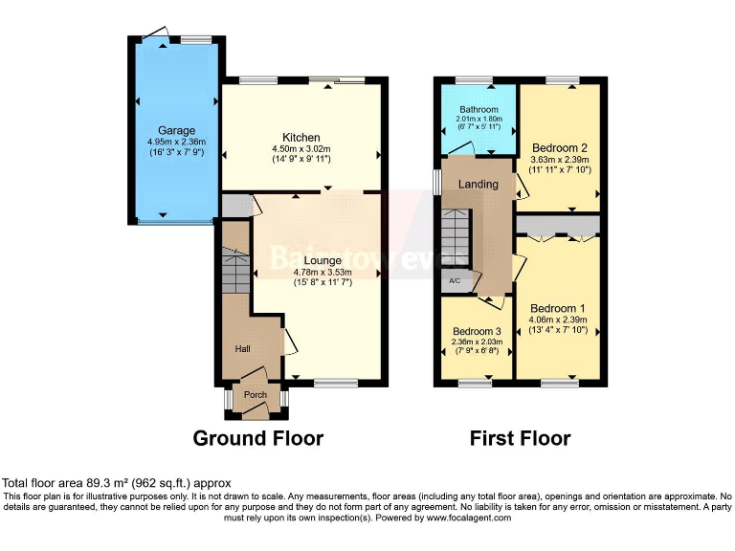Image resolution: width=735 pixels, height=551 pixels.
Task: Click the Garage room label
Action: pyautogui.click(x=177, y=130)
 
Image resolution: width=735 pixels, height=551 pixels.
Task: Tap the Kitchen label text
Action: pyautogui.click(x=301, y=138)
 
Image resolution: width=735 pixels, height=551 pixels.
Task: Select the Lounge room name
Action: pyautogui.click(x=323, y=259)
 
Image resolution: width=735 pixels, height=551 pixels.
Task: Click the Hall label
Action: pyautogui.click(x=242, y=349)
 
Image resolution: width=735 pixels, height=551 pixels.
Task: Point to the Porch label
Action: pyautogui.click(x=256, y=395)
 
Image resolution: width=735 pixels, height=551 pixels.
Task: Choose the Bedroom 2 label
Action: pyautogui.click(x=560, y=148)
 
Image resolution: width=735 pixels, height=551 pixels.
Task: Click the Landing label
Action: pyautogui.click(x=479, y=184)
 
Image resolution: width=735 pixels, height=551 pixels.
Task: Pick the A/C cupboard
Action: pyautogui.click(x=455, y=281)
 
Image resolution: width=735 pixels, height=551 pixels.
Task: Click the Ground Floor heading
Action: pyautogui.click(x=258, y=439)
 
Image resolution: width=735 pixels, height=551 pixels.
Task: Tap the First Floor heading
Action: pyautogui.click(x=520, y=439)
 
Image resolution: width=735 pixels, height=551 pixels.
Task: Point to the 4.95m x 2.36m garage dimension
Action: pyautogui.click(x=177, y=142)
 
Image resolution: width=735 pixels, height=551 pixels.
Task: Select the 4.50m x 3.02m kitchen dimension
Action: pyautogui.click(x=301, y=149)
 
